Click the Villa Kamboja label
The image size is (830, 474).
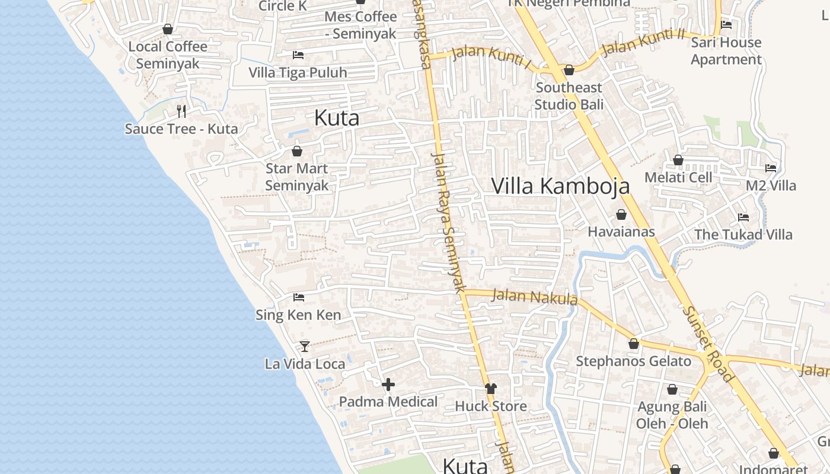coord(560,186)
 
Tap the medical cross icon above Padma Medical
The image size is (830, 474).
coord(388,385)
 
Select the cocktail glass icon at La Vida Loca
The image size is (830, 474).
coord(305,347)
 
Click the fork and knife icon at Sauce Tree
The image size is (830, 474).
coord(181,111)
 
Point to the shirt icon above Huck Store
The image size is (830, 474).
coord(491,389)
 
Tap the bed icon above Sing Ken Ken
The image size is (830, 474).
coord(299,297)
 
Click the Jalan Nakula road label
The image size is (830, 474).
coord(535,296)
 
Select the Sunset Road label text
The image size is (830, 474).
coord(708,344)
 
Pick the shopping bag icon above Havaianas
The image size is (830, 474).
coord(621,214)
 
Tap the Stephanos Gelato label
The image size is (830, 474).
coord(633,361)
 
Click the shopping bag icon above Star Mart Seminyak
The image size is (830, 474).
coord(297,151)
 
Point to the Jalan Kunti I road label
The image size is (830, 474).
coord(491,57)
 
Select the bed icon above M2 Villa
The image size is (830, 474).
coord(771,168)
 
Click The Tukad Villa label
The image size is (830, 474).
coord(743,235)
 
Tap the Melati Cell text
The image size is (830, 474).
coord(678,178)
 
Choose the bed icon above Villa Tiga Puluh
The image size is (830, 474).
coord(298,55)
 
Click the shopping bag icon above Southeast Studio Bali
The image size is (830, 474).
coord(569,70)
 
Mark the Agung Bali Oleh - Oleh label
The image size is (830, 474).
coord(672,415)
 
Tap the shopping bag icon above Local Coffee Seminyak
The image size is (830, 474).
coord(168,29)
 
